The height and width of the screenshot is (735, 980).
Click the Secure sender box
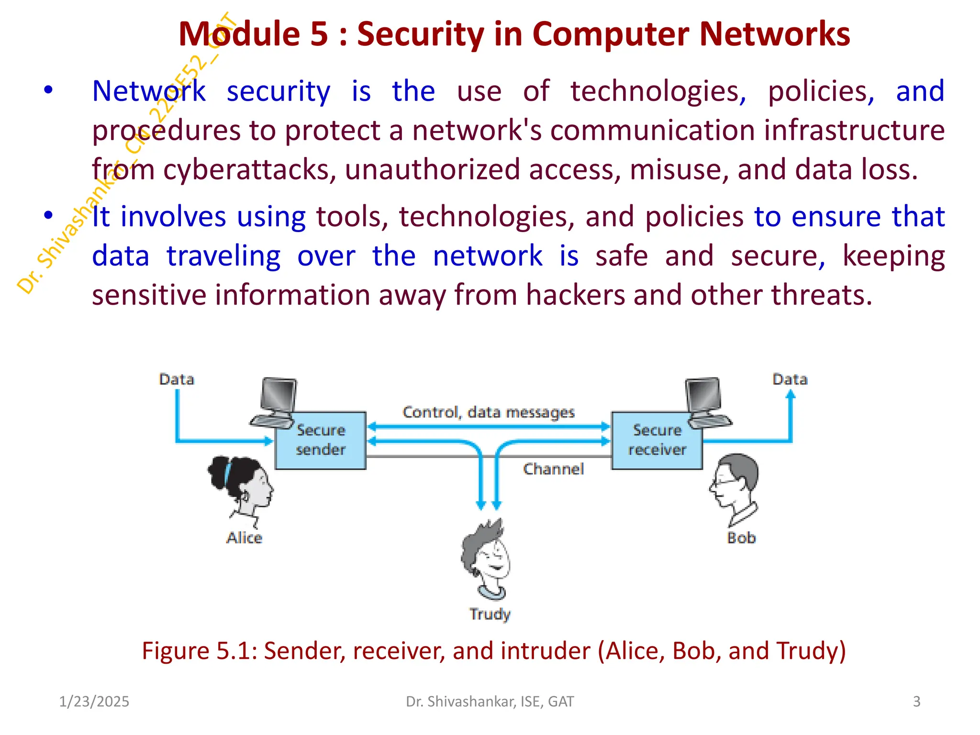[x=321, y=440]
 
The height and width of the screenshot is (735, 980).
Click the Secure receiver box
[x=657, y=440]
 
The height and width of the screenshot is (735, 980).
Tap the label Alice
[x=244, y=538]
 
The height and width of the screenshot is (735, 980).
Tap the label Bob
[x=741, y=538]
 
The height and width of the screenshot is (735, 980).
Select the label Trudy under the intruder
[x=490, y=614]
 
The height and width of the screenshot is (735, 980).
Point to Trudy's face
[x=488, y=557]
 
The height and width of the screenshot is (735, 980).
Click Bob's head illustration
[x=735, y=486]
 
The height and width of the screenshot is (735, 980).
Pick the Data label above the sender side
[x=177, y=379]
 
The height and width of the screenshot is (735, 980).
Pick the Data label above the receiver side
[x=790, y=379]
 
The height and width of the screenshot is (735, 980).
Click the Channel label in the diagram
[x=553, y=469]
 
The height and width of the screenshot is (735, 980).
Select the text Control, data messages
[x=488, y=412]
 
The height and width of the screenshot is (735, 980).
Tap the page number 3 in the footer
[x=916, y=702]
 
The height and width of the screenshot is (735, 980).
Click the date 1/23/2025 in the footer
[x=94, y=702]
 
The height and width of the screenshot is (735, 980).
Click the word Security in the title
[x=421, y=34]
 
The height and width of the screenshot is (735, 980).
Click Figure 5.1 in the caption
[x=199, y=651]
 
